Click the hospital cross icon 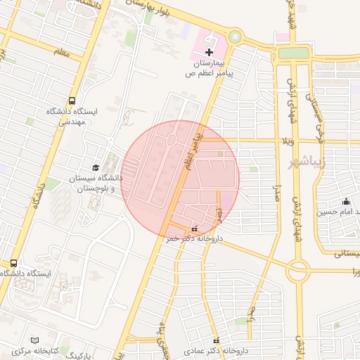(209, 53)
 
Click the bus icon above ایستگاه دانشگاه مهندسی (73, 101)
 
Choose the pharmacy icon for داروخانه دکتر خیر (195, 229)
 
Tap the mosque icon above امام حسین (345, 201)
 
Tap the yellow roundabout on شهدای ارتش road (298, 268)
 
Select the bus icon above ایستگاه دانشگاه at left (13, 263)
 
